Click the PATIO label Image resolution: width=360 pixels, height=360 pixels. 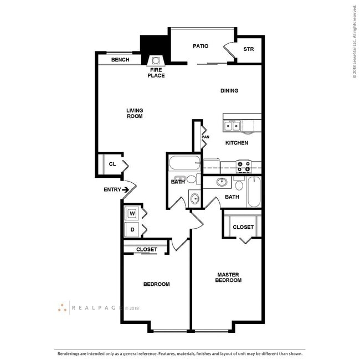click(x=200, y=46)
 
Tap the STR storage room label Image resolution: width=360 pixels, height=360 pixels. click(x=249, y=49)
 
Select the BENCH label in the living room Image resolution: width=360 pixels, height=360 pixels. click(x=120, y=60)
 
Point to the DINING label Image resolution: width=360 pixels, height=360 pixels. click(x=229, y=90)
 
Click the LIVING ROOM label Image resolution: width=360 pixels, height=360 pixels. click(x=135, y=114)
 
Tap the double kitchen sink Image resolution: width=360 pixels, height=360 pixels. click(x=233, y=126)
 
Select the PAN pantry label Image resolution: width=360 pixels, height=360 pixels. click(x=205, y=137)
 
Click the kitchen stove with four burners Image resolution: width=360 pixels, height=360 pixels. click(x=244, y=164)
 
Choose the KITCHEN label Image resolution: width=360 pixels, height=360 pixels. click(x=236, y=143)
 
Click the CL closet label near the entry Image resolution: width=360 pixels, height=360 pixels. click(x=112, y=164)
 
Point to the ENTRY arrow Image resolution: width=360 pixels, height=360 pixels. click(x=126, y=190)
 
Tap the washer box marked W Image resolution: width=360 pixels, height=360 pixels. click(x=132, y=213)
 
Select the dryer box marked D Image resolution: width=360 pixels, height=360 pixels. click(x=132, y=229)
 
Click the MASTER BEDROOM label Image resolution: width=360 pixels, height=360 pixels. click(x=228, y=277)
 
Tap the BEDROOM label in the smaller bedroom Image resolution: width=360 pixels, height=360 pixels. click(x=156, y=284)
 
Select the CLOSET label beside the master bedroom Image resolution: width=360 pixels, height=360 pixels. click(x=243, y=227)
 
